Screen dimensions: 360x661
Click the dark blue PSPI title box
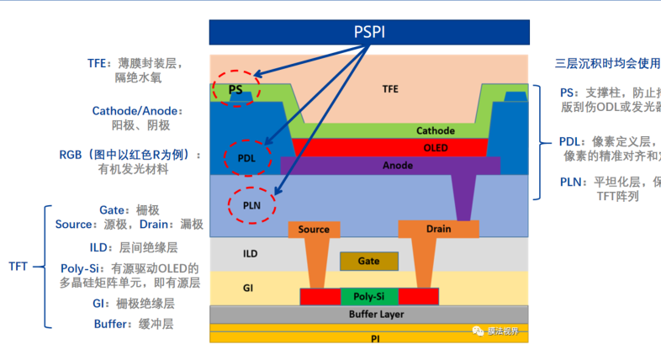pyautogui.click(x=369, y=32)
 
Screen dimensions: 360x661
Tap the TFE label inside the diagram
pyautogui.click(x=390, y=87)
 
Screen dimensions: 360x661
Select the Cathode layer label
pyautogui.click(x=435, y=130)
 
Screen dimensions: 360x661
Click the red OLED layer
pyautogui.click(x=435, y=147)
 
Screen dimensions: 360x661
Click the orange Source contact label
pyautogui.click(x=314, y=229)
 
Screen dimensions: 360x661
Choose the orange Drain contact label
pyautogui.click(x=438, y=229)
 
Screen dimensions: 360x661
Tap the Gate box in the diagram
pyautogui.click(x=368, y=262)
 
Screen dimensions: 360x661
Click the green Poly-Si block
pyautogui.click(x=368, y=297)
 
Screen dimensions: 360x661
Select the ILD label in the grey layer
pyautogui.click(x=250, y=253)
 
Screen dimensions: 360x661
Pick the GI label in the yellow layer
pyautogui.click(x=248, y=288)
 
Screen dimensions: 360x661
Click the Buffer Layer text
pyautogui.click(x=376, y=315)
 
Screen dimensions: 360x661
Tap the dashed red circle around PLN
pyautogui.click(x=251, y=204)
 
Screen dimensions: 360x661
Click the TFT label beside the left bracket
pyautogui.click(x=19, y=267)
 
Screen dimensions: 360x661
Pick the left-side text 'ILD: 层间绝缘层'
pyautogui.click(x=134, y=247)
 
